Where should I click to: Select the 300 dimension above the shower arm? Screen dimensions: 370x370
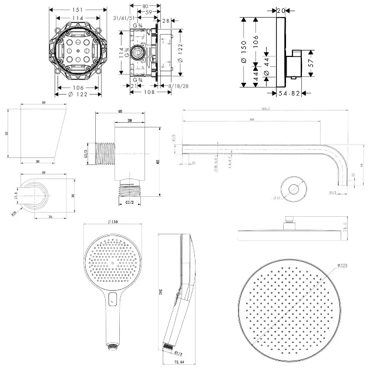[253, 120]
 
